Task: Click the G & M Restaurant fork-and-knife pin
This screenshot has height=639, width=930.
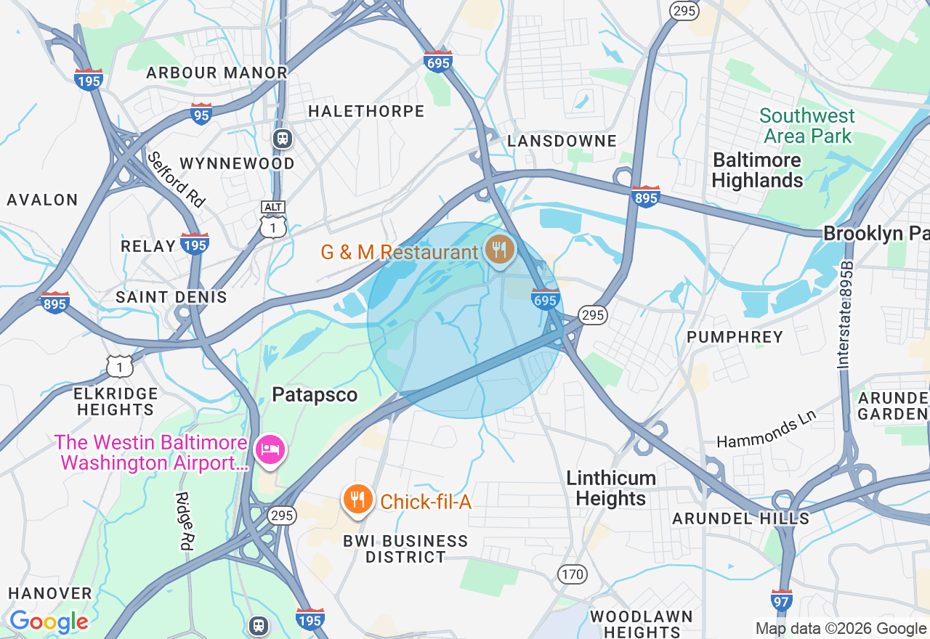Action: [498, 250]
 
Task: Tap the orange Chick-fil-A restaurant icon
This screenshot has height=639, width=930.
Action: [357, 500]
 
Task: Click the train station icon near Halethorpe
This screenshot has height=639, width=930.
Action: [283, 138]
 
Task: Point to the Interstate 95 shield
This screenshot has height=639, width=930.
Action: [201, 114]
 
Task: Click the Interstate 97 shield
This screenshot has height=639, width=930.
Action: [781, 600]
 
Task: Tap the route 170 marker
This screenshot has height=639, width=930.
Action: [573, 574]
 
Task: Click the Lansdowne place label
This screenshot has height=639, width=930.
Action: [562, 141]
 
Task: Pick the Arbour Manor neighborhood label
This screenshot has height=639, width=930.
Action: [217, 73]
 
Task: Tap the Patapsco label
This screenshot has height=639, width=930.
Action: [315, 394]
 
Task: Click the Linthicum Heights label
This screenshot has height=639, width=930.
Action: [611, 488]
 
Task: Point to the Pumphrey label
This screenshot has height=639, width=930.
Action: [735, 337]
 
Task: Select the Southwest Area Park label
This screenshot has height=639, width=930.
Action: [806, 126]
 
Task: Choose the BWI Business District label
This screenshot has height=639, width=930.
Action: [406, 549]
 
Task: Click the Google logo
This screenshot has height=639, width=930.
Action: [49, 622]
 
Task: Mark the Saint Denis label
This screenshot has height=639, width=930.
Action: [171, 297]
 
